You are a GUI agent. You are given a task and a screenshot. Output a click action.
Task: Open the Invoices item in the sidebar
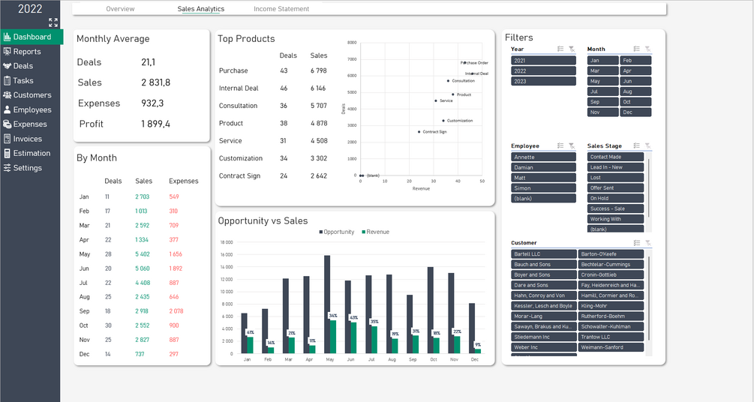tap(27, 139)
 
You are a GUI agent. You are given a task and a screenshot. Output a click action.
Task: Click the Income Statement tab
tap(281, 9)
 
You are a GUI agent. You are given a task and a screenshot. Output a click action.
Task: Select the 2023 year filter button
tap(543, 81)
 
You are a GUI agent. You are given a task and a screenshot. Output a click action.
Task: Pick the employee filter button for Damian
tap(543, 167)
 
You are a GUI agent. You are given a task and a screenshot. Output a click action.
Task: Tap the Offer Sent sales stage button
tap(615, 188)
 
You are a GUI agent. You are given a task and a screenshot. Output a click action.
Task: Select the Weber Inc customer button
tap(543, 347)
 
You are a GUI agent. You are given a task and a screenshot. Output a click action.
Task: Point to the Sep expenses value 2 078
tap(175, 310)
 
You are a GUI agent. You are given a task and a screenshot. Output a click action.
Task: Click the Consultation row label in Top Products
tap(238, 106)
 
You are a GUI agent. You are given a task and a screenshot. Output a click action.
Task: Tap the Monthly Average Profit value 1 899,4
tap(156, 124)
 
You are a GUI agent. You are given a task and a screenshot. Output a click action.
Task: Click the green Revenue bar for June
tap(353, 337)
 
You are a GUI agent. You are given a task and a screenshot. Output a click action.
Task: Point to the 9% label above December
tap(478, 345)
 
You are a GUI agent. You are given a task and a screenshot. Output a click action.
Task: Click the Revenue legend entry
tap(377, 232)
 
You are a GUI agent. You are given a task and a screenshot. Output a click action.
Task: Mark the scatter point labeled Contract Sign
tap(419, 132)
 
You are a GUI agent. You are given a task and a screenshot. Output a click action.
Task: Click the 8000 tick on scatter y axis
tap(352, 43)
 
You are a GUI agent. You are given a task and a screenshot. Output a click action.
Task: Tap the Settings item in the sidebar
tap(27, 168)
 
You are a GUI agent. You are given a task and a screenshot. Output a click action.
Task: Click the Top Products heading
tap(246, 39)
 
